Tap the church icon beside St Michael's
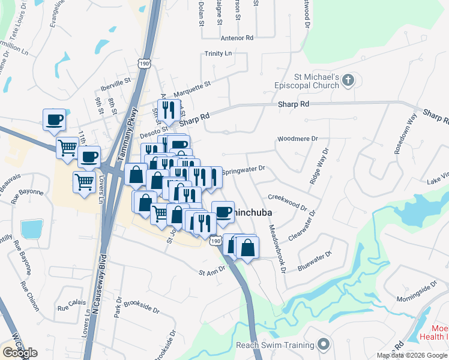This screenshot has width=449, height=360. pos(350,81)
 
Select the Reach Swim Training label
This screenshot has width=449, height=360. pos(275,345)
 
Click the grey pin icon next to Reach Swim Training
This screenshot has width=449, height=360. pos(324,345)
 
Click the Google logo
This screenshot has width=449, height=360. pos(19,352)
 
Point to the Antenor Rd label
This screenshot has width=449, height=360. pos(237,37)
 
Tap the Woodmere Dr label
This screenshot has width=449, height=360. pos(297,139)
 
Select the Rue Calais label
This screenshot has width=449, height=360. pos(70,308)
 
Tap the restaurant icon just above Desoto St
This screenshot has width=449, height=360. pos(167,109)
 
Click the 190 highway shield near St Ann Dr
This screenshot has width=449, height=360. pos(214,240)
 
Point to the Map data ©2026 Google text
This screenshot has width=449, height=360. pos(412,355)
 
